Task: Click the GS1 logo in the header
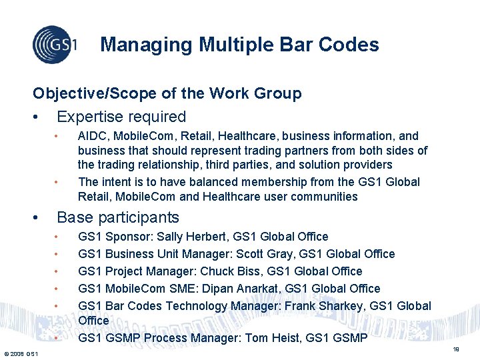pyautogui.click(x=55, y=45)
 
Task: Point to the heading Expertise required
pyautogui.click(x=121, y=117)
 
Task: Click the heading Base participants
pyautogui.click(x=118, y=217)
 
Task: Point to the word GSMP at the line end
pyautogui.click(x=349, y=338)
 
